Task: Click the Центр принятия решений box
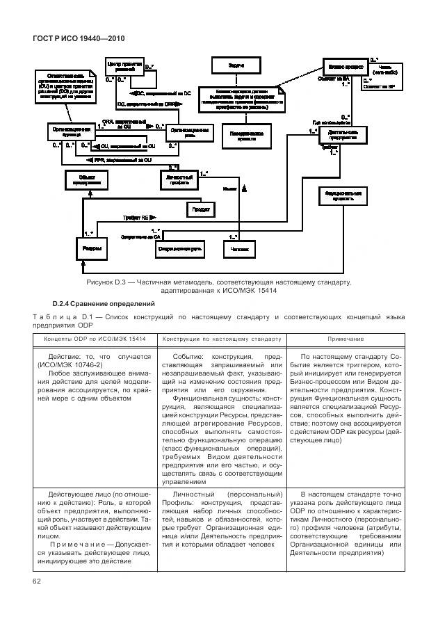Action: point(123,67)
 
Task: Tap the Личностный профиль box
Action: point(178,179)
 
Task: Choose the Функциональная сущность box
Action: point(341,195)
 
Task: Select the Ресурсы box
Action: point(90,248)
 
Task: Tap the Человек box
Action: point(239,248)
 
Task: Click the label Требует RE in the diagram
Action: point(138,217)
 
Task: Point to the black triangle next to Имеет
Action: point(244,188)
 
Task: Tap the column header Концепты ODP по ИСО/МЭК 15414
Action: point(95,339)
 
